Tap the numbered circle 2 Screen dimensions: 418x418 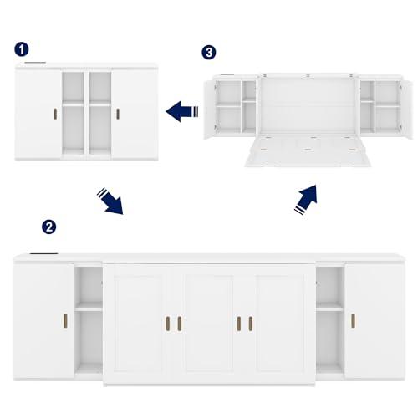(49, 227)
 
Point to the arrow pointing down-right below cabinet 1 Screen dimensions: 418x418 (109, 201)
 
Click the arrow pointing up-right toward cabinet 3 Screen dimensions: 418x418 (307, 199)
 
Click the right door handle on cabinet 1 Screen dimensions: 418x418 (118, 113)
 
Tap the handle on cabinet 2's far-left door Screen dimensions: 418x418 (64, 323)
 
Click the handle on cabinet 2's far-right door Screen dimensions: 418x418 (352, 323)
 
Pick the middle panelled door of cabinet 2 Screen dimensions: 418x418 (209, 322)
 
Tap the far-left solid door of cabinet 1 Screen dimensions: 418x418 (38, 113)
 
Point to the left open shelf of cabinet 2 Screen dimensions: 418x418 (88, 322)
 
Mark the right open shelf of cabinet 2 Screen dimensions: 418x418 (329, 322)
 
